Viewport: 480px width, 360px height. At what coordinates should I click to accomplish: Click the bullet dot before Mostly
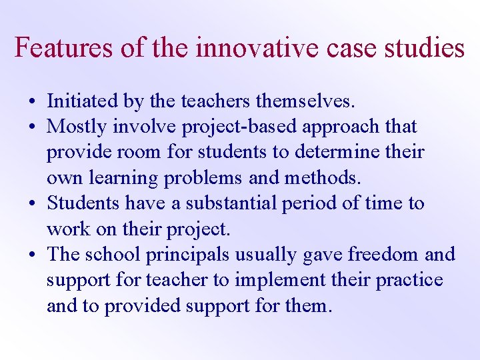(32, 127)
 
